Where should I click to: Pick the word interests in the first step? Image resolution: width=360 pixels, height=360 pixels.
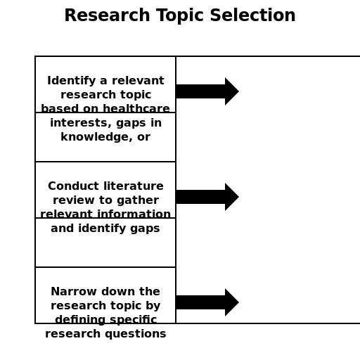click(75, 123)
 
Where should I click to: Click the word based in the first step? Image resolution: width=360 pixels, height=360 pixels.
click(56, 109)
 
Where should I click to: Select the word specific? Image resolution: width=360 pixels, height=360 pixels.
click(134, 320)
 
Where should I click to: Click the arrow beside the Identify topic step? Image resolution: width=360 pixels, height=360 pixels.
click(207, 91)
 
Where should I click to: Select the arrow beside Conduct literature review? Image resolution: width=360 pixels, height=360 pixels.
click(207, 197)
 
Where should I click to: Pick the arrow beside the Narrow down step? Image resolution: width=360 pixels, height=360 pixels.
click(207, 302)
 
